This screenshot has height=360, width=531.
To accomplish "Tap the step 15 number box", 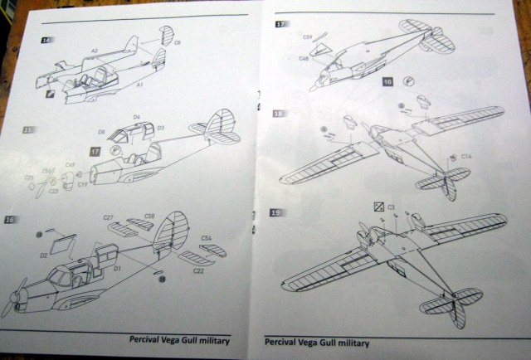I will pos(29,130).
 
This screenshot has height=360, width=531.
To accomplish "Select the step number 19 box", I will pos(278,213).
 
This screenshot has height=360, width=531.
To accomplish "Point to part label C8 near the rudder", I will pos(178,43).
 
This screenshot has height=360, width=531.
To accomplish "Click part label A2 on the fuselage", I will pos(95,51).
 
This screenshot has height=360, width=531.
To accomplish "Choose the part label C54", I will pos(205,238).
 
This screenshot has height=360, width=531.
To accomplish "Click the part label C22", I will pos(199,270).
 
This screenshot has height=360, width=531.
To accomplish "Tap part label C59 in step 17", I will pos(306,37).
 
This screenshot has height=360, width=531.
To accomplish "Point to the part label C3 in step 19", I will pos(391,206).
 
